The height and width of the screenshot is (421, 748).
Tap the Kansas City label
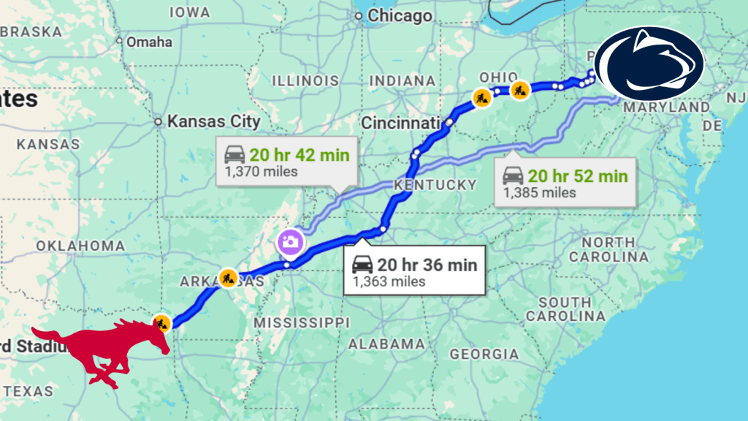pyautogui.click(x=213, y=121)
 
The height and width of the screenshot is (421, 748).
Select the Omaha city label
pyautogui.click(x=149, y=42)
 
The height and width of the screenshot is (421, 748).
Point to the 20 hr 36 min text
pyautogui.click(x=427, y=264)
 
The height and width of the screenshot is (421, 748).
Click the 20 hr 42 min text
pyautogui.click(x=299, y=154)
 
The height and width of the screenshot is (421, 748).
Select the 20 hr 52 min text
pyautogui.click(x=578, y=175)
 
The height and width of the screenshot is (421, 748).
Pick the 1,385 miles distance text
pyautogui.click(x=539, y=193)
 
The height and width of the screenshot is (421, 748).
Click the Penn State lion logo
pyautogui.click(x=649, y=64)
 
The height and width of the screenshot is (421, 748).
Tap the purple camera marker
pyautogui.click(x=289, y=241)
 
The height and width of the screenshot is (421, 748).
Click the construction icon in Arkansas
pyautogui.click(x=228, y=277)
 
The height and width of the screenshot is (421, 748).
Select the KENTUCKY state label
pyautogui.click(x=435, y=185)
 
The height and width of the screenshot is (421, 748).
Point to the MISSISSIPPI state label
pyautogui.click(x=302, y=322)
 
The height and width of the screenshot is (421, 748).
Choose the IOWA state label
pyautogui.click(x=189, y=12)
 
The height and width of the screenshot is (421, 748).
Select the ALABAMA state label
pyautogui.click(x=387, y=344)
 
